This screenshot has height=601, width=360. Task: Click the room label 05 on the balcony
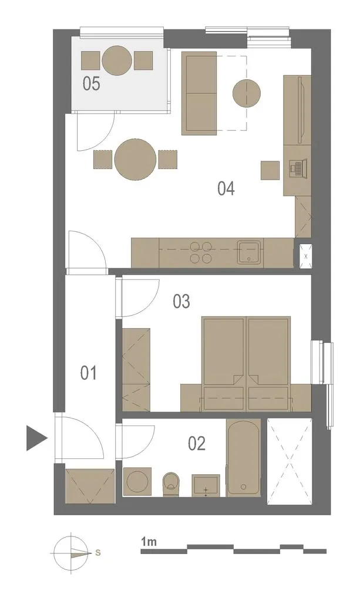pos(92,83)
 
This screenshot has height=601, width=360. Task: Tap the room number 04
pos(226,188)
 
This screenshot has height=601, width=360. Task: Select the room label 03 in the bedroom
pos(181,302)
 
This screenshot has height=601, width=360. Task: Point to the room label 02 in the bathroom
pos(197,444)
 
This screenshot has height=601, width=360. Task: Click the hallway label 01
pos(89,373)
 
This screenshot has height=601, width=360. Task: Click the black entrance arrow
pos(36,438)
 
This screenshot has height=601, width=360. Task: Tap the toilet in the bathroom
pos(171,484)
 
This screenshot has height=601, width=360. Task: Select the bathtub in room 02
pos(244,458)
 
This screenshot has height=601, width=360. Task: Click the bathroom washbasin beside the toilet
pos(206,485)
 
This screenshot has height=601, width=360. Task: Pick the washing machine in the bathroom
pos(137,481)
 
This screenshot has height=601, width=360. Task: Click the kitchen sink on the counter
pos(249,252)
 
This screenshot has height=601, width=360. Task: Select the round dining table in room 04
pos(136,159)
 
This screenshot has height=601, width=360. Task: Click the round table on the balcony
pos(117,60)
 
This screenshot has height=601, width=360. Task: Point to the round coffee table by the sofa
pos(247,93)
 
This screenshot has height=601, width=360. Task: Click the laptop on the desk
pos(298,167)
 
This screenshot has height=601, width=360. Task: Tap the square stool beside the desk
pos(270,170)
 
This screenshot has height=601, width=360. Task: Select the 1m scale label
pos(149,542)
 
